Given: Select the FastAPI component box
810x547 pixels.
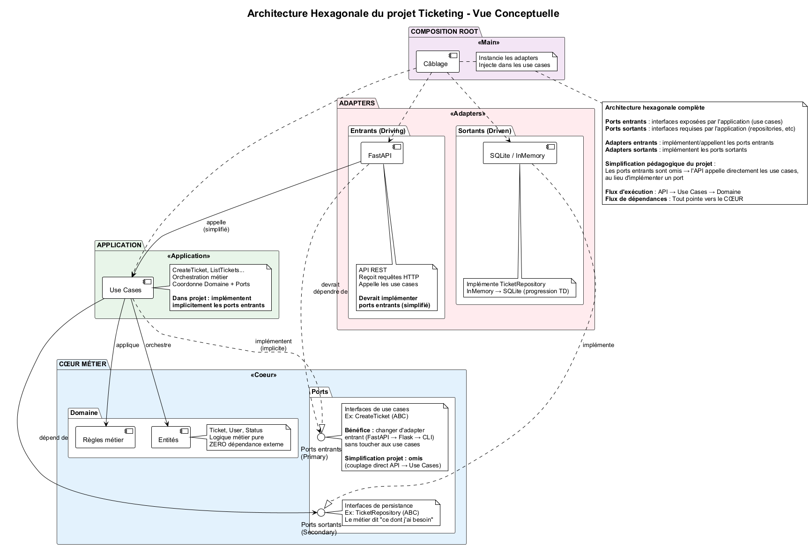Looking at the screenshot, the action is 382,153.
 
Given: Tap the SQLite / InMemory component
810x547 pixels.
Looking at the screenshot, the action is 520,153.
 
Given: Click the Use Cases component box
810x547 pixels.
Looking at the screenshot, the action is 128,287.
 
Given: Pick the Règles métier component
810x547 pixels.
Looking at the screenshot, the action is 105,437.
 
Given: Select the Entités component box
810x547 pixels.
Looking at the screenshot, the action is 171,437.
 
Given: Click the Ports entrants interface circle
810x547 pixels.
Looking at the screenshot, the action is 321,437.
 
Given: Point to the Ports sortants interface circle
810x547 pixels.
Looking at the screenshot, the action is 321,512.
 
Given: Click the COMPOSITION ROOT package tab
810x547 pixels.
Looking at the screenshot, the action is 444,31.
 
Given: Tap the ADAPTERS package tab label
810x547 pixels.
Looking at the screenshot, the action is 357,103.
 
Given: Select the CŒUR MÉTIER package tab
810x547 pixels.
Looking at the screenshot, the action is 82,364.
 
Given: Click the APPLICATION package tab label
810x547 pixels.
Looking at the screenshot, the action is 119,245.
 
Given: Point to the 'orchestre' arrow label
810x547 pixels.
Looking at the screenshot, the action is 158,345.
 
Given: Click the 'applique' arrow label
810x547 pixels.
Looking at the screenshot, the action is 127,345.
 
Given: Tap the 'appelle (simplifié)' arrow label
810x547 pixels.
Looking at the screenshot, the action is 216,226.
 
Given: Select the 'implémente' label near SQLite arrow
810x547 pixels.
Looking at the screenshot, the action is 598,345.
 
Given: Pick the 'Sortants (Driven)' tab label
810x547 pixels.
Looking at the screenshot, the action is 484,131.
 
